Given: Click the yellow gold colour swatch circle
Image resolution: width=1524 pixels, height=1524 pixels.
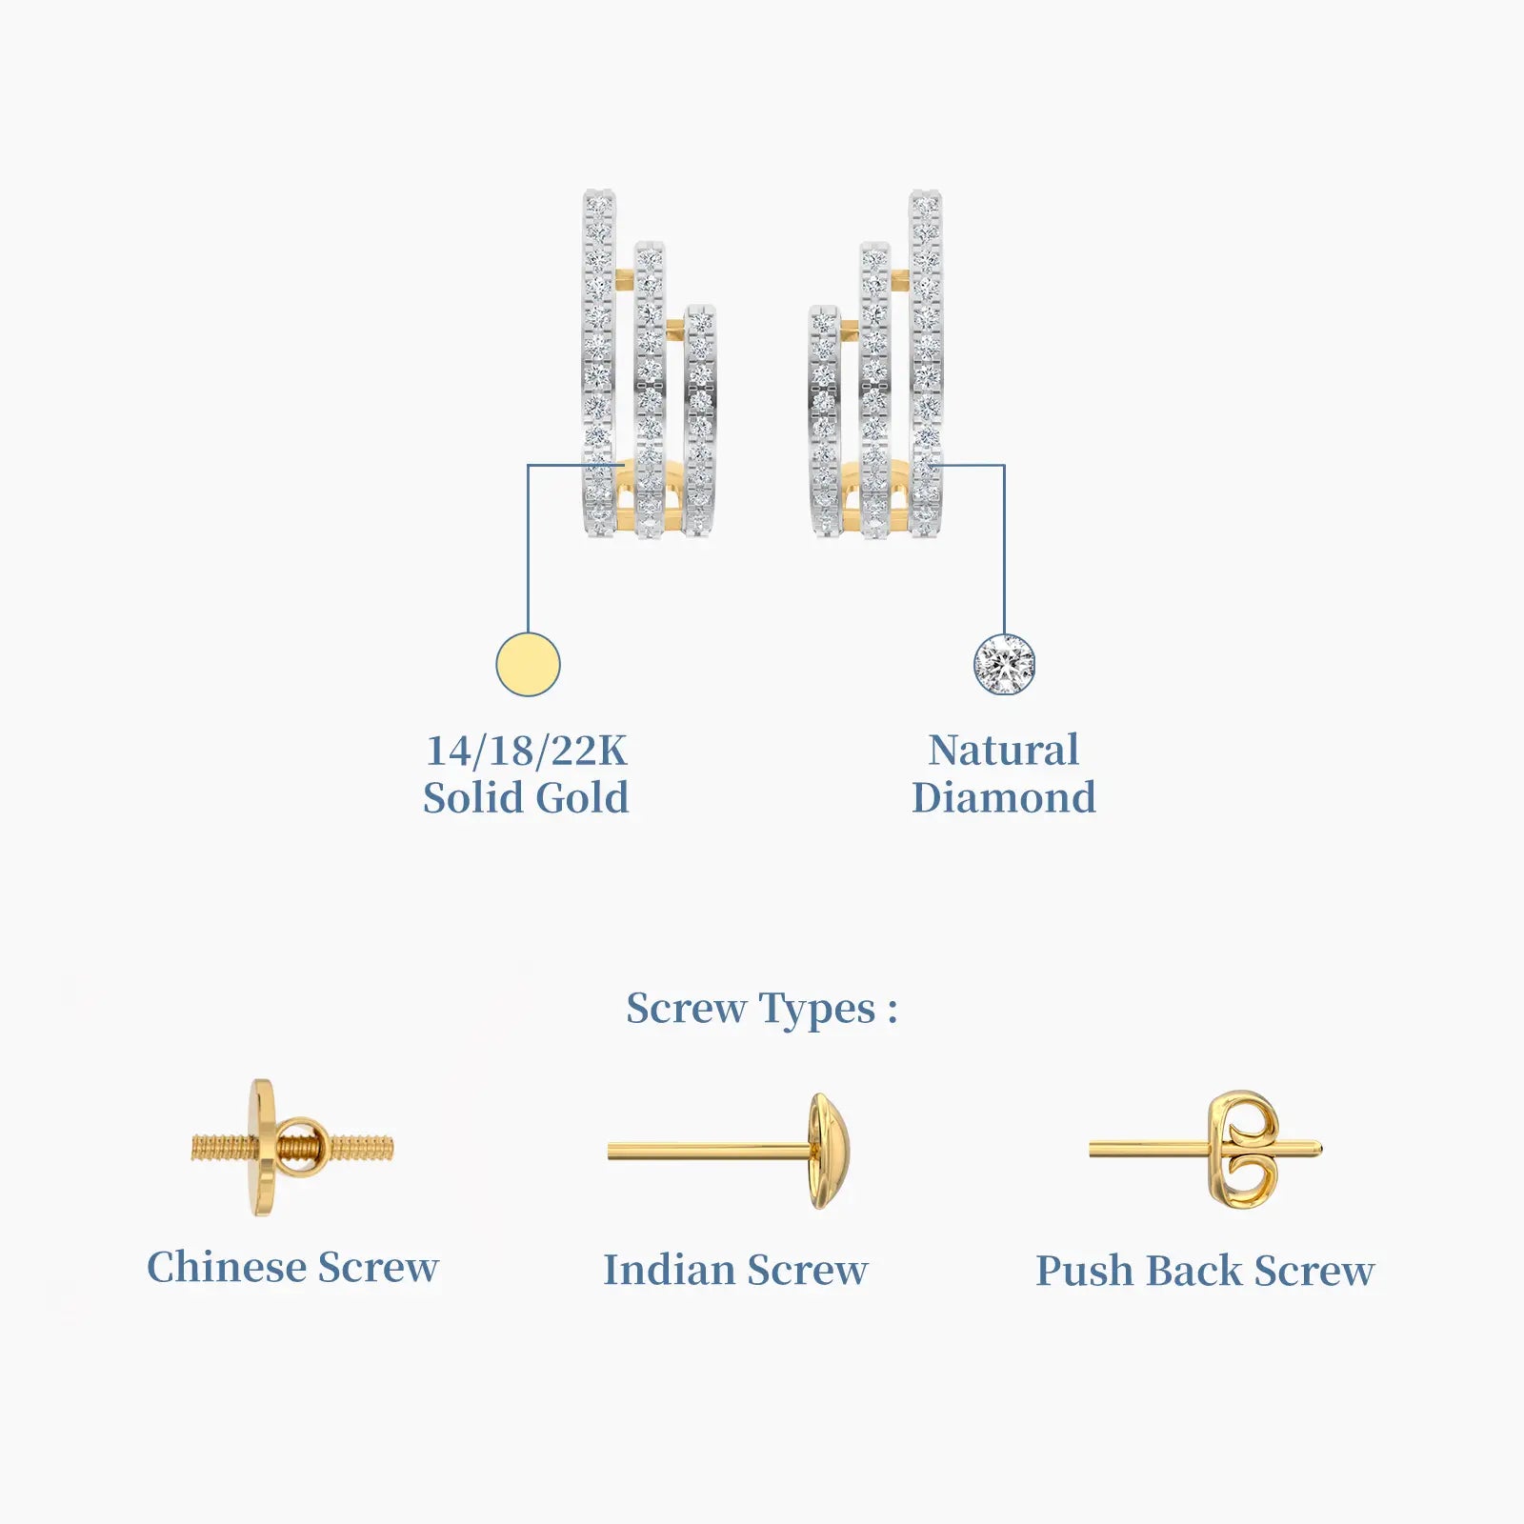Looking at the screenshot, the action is (528, 664).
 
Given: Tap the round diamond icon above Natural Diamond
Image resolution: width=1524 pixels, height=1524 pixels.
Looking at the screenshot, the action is (1004, 664).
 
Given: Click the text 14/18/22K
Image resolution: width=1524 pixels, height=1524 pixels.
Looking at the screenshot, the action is (526, 751).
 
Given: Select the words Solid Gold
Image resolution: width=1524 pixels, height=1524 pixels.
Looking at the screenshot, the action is (526, 798).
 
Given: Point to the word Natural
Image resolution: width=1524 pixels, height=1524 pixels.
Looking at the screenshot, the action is (1004, 750).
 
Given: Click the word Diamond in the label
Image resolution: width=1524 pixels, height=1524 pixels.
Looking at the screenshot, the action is (1004, 798).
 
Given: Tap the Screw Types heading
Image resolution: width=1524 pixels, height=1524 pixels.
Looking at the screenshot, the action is (761, 1010).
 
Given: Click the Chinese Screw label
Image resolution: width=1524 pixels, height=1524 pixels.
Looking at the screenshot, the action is (292, 1267).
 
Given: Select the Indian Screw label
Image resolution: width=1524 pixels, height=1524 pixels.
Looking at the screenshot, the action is (735, 1270).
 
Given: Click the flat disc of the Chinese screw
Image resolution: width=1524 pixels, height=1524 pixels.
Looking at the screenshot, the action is (264, 1148).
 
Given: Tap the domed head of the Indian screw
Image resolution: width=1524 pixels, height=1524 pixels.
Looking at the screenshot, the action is (827, 1151).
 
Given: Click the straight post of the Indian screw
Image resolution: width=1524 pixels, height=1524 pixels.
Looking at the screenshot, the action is (710, 1152).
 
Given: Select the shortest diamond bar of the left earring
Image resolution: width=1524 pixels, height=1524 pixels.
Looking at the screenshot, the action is (700, 421).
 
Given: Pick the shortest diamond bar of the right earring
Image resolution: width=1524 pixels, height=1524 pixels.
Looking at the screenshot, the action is (824, 421).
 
